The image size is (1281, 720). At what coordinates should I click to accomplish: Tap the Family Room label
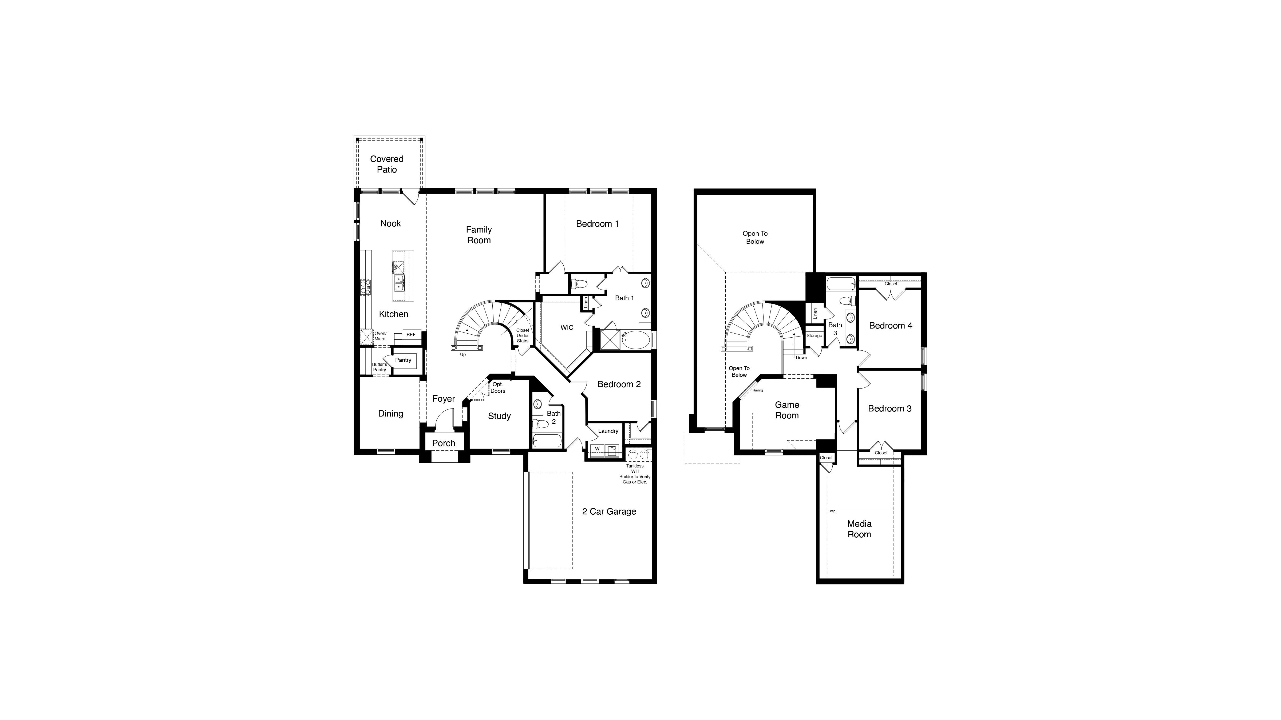point(479,235)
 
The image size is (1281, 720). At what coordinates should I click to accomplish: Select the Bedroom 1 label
point(597,224)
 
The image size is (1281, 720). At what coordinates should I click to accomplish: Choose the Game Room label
point(787,410)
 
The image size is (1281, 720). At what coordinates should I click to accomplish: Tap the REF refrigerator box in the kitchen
point(411,335)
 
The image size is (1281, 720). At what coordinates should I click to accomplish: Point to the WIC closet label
point(567,327)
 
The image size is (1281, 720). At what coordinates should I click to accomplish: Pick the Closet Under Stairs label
point(522,335)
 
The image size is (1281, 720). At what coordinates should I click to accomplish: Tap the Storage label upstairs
point(814,335)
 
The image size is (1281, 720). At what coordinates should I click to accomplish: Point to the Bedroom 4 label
point(890,325)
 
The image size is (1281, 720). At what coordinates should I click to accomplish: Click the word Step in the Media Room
point(832,511)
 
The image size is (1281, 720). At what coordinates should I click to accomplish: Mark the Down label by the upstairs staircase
point(801,358)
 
